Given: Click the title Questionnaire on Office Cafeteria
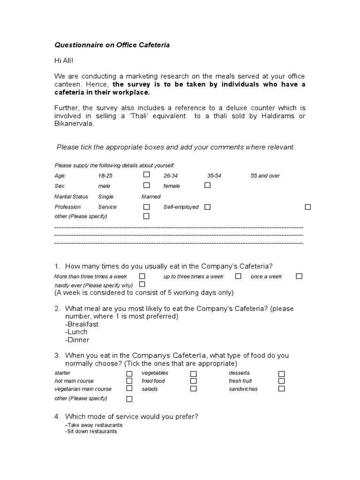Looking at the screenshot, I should coord(112,45).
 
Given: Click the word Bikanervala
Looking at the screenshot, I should coord(74,124).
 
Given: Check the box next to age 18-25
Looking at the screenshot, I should coord(146,174).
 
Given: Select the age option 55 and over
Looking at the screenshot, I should coord(265,176).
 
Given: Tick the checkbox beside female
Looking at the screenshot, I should coord(207,185).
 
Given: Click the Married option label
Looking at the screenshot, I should coord(150,197).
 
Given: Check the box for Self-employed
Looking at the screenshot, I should coord(207,207).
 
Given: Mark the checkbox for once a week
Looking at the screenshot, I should coord(299,276).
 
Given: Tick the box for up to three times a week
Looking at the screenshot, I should coord(238,276).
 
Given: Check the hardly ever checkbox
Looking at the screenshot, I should coord(142,284).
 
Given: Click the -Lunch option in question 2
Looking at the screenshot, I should coord(76,332).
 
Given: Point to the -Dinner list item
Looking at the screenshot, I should coord(77,340).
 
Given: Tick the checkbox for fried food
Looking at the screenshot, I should coord(193,381).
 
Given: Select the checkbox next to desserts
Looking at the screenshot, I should coord(281,374).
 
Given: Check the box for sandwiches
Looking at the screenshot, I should coord(281,389).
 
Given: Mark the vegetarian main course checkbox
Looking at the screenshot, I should coord(129,389).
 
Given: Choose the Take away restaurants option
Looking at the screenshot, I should coord(94,425).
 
